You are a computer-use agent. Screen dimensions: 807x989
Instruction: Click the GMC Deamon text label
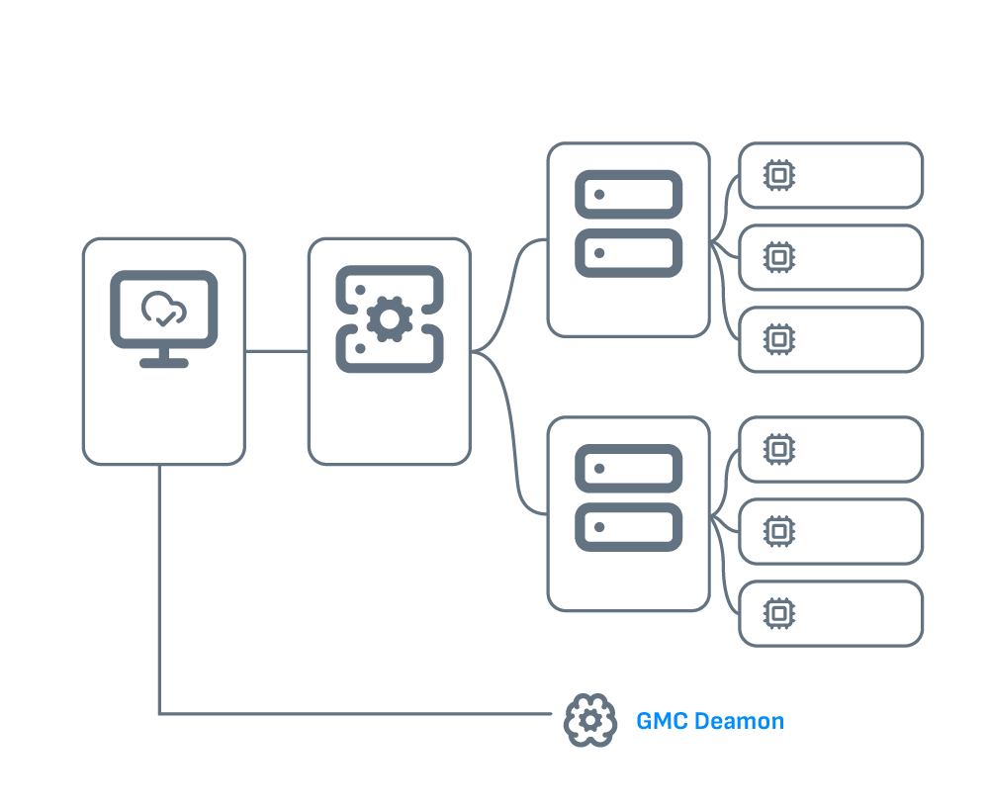(709, 721)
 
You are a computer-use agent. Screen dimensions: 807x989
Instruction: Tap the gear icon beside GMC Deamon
(589, 721)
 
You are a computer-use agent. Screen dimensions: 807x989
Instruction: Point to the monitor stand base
(163, 363)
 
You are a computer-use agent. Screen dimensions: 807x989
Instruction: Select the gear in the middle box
(390, 318)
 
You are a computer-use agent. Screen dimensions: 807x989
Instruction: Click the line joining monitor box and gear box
(276, 350)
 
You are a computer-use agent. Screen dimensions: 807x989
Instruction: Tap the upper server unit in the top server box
(628, 195)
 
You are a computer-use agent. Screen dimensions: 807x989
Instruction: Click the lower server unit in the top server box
(628, 253)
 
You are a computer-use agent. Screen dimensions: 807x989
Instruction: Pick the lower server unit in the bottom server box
(628, 527)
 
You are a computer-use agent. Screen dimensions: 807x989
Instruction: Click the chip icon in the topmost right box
(779, 176)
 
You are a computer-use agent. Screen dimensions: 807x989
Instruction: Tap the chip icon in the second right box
(779, 257)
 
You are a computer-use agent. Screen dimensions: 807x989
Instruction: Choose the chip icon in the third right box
(779, 339)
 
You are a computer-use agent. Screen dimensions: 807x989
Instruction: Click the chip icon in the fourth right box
(779, 450)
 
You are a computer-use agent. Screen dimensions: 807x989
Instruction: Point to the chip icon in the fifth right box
(779, 531)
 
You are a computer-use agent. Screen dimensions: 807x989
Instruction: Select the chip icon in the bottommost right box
(779, 613)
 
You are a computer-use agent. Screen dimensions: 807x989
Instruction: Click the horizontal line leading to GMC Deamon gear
(356, 713)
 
